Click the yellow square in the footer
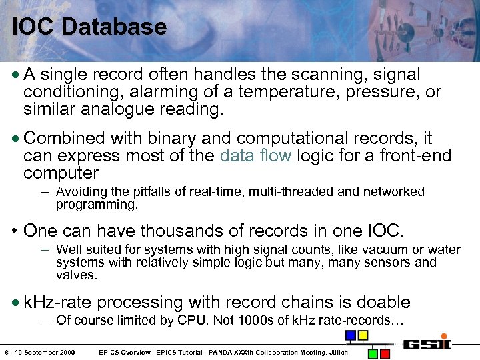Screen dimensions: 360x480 [x=363, y=335]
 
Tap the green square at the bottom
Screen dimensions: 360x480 [x=374, y=353]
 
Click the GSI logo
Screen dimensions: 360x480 [x=427, y=344]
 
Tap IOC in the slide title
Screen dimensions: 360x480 [x=34, y=27]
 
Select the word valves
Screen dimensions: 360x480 [x=77, y=275]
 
